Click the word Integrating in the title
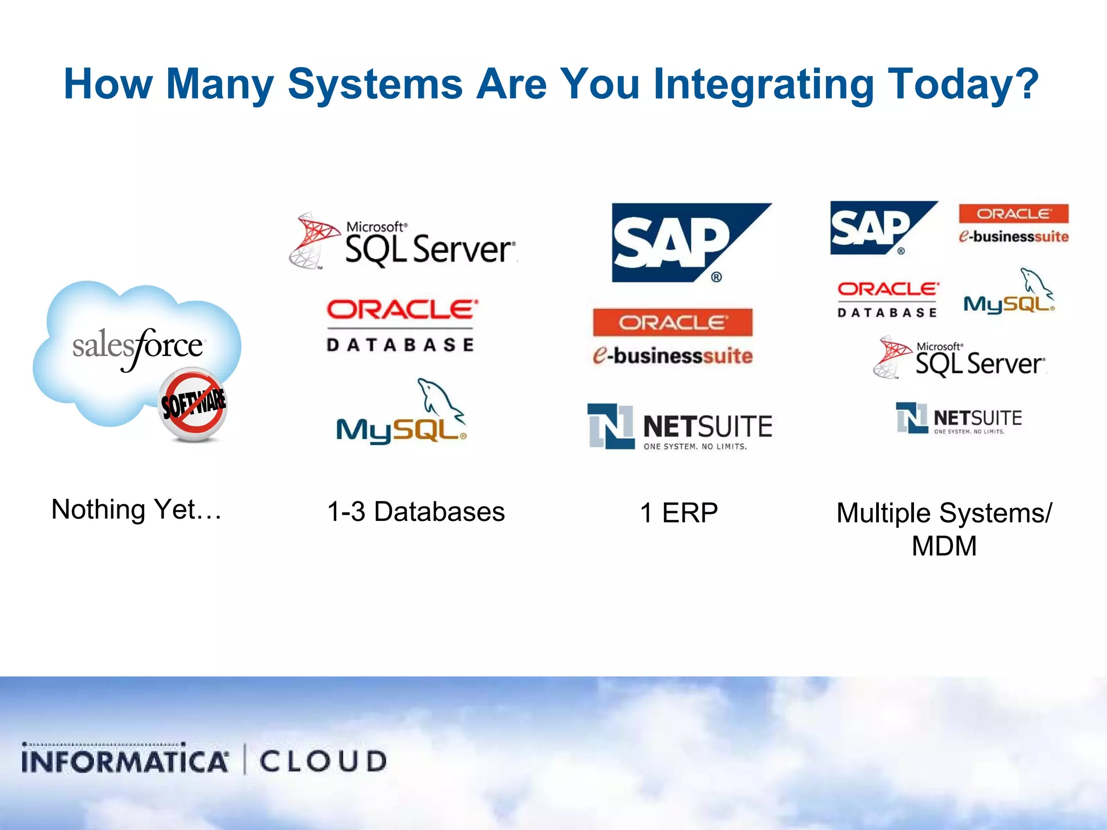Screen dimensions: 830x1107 pyautogui.click(x=763, y=85)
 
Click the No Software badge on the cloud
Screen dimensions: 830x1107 pyautogui.click(x=193, y=404)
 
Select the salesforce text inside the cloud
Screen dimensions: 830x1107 pyautogui.click(x=138, y=346)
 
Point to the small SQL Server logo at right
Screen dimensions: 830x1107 pyautogui.click(x=960, y=358)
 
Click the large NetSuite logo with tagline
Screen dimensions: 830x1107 pyautogui.click(x=680, y=427)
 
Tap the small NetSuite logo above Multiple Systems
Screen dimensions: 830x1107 pyautogui.click(x=959, y=418)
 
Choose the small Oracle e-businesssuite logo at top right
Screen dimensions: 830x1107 pyautogui.click(x=1013, y=224)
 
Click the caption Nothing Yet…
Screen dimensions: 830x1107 pyautogui.click(x=136, y=510)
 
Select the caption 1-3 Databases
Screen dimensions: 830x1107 pyautogui.click(x=416, y=512)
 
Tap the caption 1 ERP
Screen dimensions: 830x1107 pyautogui.click(x=679, y=513)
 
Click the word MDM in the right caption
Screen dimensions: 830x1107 pyautogui.click(x=944, y=546)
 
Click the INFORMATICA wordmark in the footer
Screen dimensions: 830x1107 pyautogui.click(x=125, y=760)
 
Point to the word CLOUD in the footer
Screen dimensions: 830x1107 pyautogui.click(x=323, y=761)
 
